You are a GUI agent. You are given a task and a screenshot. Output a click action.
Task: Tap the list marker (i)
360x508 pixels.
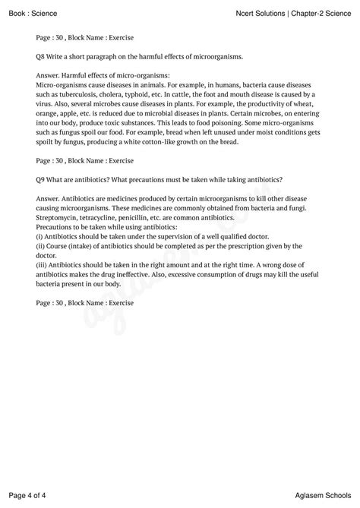[x=39, y=236]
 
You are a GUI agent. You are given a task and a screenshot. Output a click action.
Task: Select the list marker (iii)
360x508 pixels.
[x=42, y=264]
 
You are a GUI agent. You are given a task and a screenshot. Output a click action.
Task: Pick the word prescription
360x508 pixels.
[x=229, y=246]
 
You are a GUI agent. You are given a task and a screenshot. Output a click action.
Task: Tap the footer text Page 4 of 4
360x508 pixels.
[x=28, y=495]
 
